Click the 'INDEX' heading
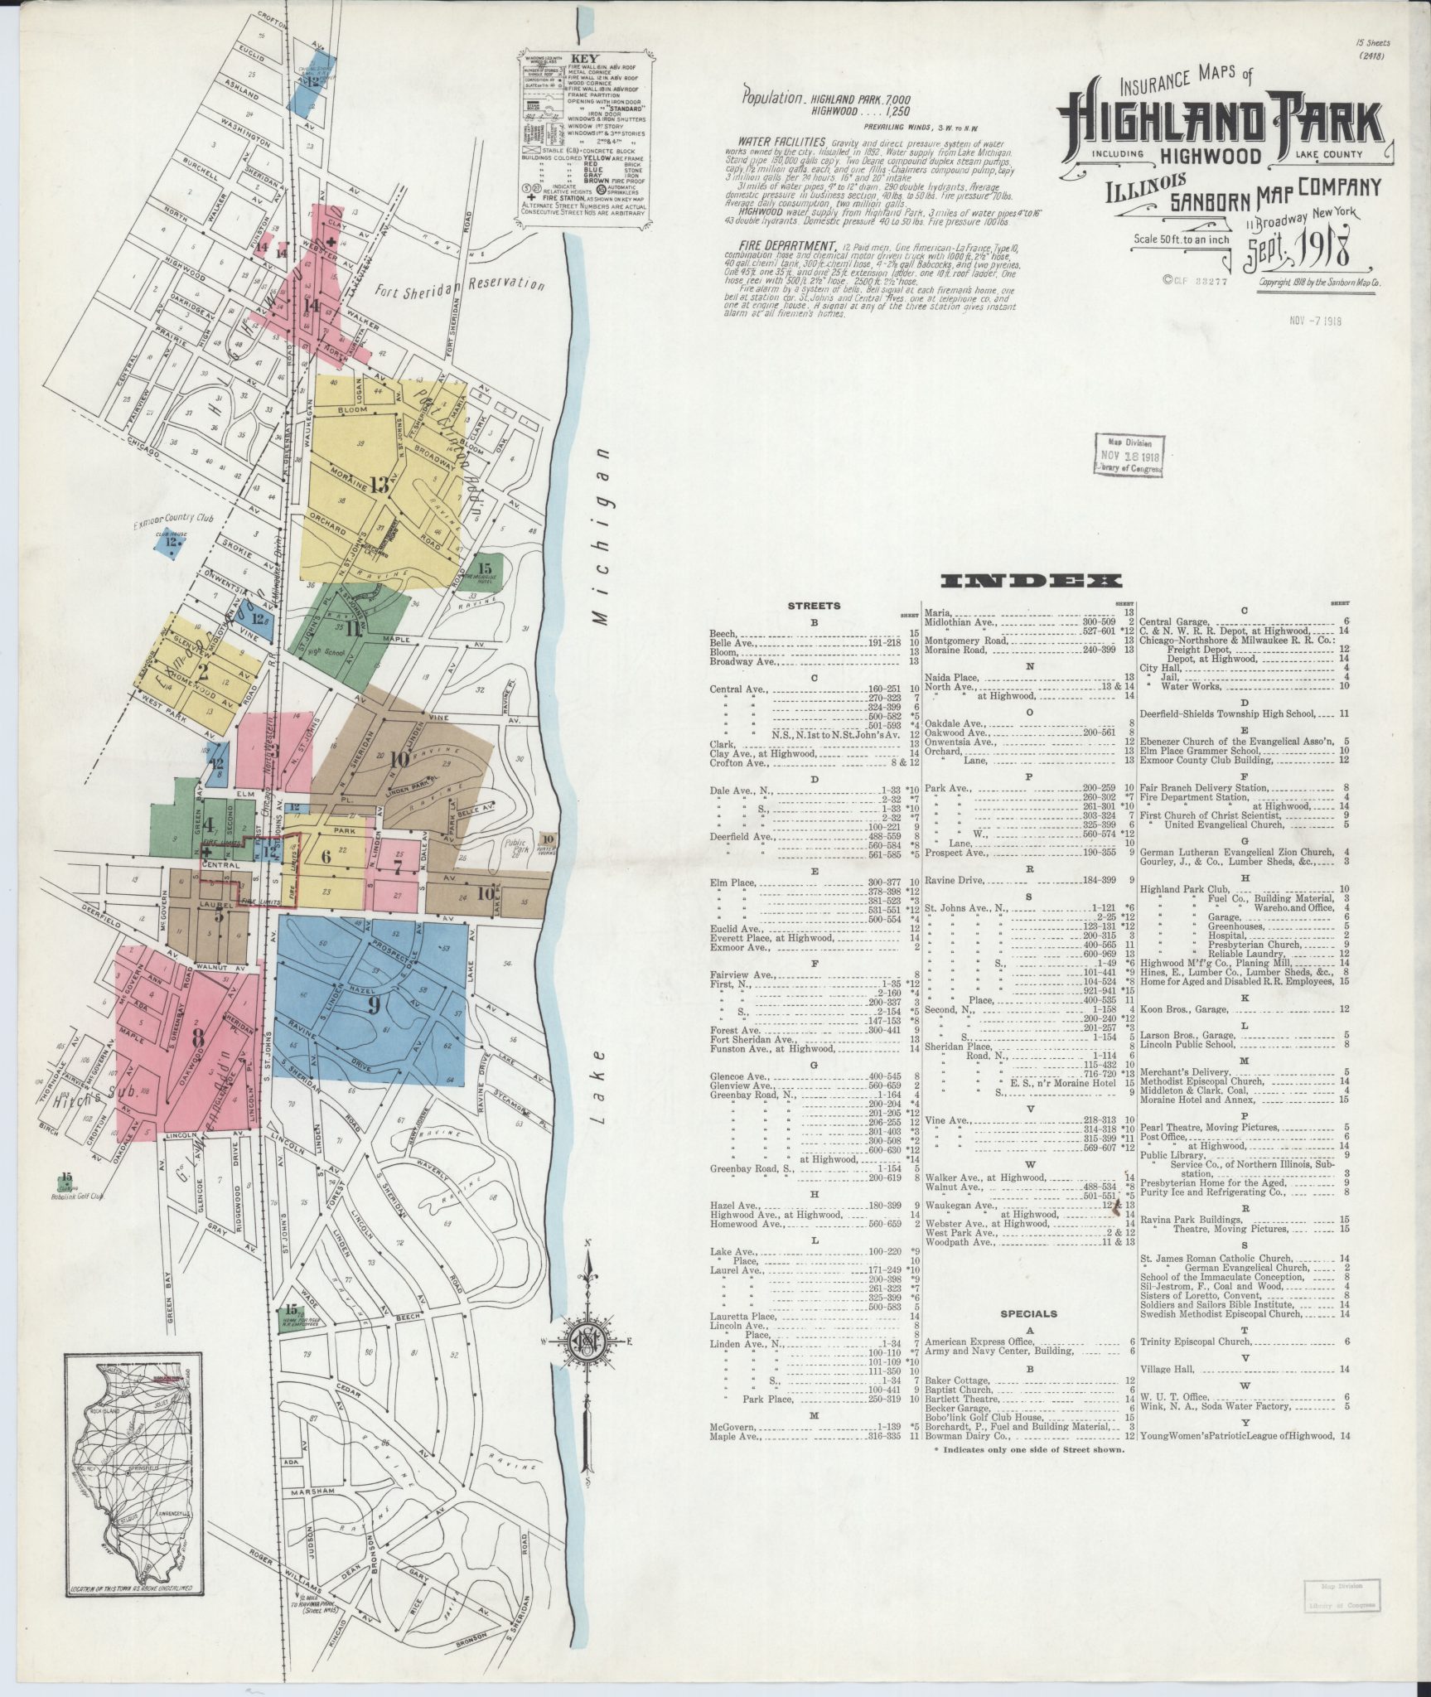1031,582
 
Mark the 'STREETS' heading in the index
815,606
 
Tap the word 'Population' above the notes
772,95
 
